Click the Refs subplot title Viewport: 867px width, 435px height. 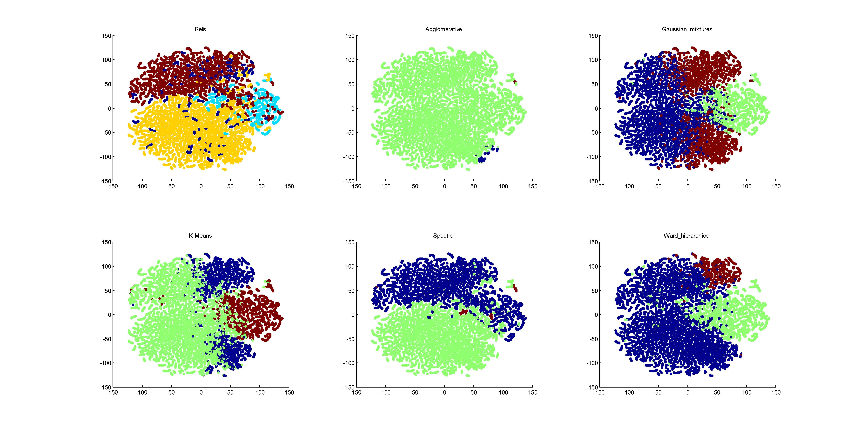click(x=200, y=29)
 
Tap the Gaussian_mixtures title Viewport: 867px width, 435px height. click(x=687, y=29)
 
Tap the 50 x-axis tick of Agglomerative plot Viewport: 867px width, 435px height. click(x=474, y=186)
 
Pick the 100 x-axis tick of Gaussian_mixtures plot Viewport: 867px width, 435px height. click(x=746, y=186)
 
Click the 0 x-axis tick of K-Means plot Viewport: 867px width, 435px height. click(x=201, y=393)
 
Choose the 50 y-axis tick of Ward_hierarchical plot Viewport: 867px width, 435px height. click(x=595, y=291)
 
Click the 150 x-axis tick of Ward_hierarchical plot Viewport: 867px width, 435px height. click(x=776, y=393)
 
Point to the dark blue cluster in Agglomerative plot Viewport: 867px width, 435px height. click(x=485, y=158)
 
